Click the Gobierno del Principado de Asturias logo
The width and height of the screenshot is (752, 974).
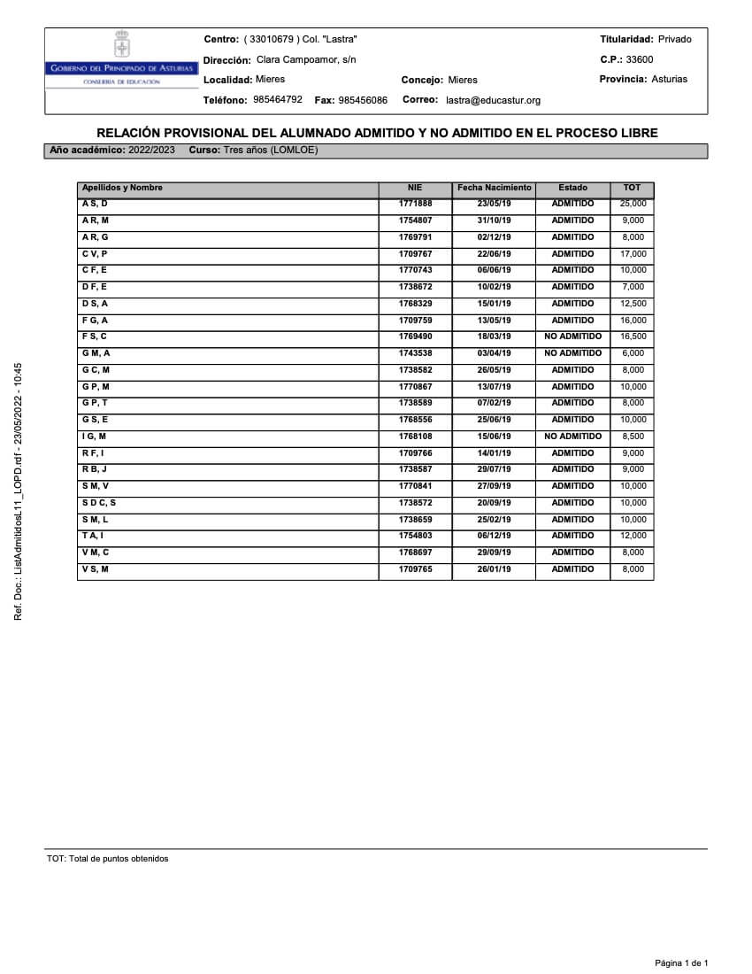122,59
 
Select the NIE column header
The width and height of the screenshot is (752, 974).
415,188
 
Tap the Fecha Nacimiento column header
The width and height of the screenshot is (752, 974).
494,188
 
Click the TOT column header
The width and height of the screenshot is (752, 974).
632,188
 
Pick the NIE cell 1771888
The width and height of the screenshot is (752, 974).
415,204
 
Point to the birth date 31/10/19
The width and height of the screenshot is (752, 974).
494,220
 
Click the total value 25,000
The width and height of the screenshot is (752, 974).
633,204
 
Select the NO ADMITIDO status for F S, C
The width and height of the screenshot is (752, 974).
572,336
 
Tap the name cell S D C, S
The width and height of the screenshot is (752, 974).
99,503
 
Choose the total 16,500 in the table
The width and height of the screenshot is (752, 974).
633,336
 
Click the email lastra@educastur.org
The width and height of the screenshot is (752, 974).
493,101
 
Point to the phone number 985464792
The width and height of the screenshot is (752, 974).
278,100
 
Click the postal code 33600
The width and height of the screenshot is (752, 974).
640,59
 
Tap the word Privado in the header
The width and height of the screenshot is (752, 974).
675,39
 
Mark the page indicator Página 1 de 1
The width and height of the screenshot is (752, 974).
681,962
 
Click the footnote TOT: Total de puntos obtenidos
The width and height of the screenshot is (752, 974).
108,859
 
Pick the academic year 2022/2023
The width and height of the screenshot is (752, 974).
151,151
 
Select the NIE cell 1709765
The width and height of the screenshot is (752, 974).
415,569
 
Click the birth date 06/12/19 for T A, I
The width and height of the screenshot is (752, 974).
494,536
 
